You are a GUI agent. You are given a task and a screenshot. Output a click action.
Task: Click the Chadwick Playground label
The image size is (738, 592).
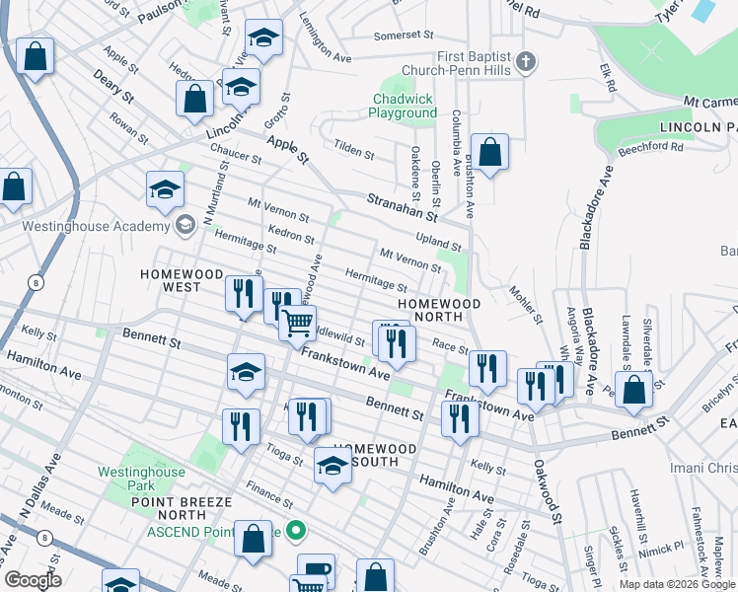click(x=404, y=107)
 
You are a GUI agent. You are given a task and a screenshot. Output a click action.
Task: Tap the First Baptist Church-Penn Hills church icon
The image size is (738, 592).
click(x=527, y=62)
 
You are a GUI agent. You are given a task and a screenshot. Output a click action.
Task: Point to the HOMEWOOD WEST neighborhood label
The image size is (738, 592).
click(x=184, y=280)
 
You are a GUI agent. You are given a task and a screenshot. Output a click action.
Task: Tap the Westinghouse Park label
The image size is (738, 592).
click(x=141, y=479)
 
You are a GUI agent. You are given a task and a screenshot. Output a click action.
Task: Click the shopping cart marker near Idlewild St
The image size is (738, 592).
click(x=297, y=322)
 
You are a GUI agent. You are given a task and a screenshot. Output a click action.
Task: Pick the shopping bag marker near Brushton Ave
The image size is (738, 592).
click(x=489, y=154)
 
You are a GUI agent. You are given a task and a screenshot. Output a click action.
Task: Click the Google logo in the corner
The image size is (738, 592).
click(x=32, y=580)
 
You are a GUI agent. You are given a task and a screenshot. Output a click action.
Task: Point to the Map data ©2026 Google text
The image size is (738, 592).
click(x=678, y=584)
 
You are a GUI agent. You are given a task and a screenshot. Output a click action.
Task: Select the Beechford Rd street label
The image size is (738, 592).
click(x=650, y=148)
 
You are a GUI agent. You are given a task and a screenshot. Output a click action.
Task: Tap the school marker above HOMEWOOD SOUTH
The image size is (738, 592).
click(x=333, y=467)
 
